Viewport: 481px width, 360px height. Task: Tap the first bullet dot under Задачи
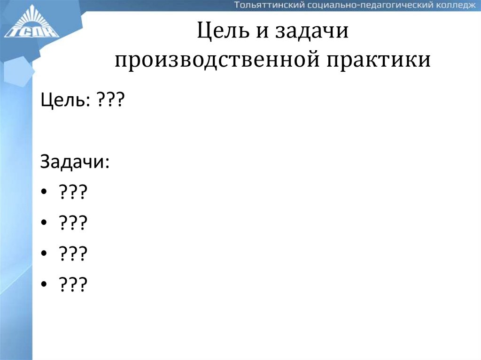coord(45,192)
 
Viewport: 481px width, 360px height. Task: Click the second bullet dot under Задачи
coord(45,223)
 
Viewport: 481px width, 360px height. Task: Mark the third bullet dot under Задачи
coord(45,253)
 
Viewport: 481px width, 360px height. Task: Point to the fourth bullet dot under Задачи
coord(45,284)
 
